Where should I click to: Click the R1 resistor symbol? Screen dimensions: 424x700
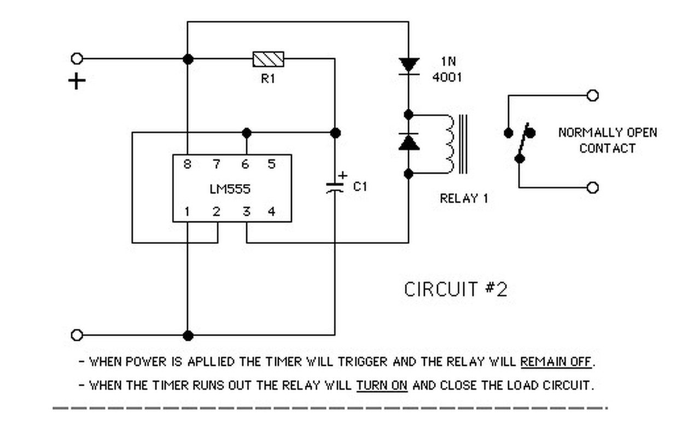(x=268, y=58)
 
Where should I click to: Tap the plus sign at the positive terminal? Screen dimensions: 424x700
(x=77, y=82)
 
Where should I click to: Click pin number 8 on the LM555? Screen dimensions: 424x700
(x=187, y=163)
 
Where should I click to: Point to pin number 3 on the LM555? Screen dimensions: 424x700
(x=246, y=211)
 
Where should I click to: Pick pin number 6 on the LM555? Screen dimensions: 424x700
(x=246, y=163)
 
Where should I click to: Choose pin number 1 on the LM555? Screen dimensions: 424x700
(x=187, y=211)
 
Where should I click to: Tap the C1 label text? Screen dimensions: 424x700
(x=360, y=187)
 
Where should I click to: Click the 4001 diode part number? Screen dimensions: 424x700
(x=447, y=77)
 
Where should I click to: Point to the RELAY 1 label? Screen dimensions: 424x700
(x=464, y=199)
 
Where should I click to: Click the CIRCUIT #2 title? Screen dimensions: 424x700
(x=456, y=289)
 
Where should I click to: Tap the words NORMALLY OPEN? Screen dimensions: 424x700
(x=607, y=133)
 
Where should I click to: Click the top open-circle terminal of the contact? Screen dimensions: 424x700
(x=592, y=96)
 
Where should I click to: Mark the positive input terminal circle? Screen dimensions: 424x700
(x=77, y=58)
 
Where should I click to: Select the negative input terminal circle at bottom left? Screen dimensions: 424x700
(x=77, y=335)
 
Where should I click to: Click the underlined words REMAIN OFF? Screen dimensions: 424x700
(x=556, y=362)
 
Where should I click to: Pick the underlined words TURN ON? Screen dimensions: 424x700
(x=382, y=385)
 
